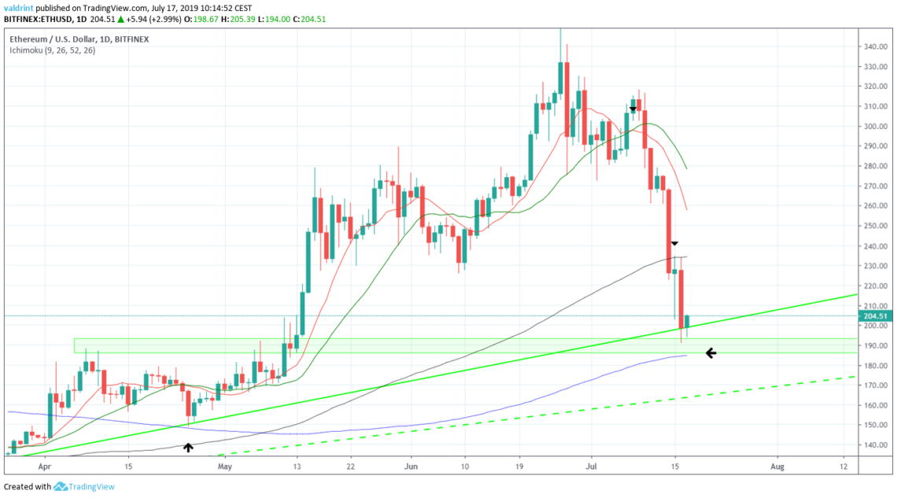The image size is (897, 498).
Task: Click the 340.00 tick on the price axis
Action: point(876,46)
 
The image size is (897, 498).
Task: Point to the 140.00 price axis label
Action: point(876,445)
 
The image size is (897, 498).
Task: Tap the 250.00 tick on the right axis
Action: point(876,226)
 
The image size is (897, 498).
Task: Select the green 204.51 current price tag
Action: point(877,316)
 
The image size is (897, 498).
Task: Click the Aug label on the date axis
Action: point(777,467)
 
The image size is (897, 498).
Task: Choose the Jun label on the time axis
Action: point(411,467)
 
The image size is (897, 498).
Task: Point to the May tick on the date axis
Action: point(226,467)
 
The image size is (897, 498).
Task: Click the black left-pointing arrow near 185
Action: point(711,353)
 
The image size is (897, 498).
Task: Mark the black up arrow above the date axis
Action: point(188,448)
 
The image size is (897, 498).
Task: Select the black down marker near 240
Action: point(674,244)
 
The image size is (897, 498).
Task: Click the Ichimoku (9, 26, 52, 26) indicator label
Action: point(54,49)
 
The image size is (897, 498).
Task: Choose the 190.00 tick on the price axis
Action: point(876,345)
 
